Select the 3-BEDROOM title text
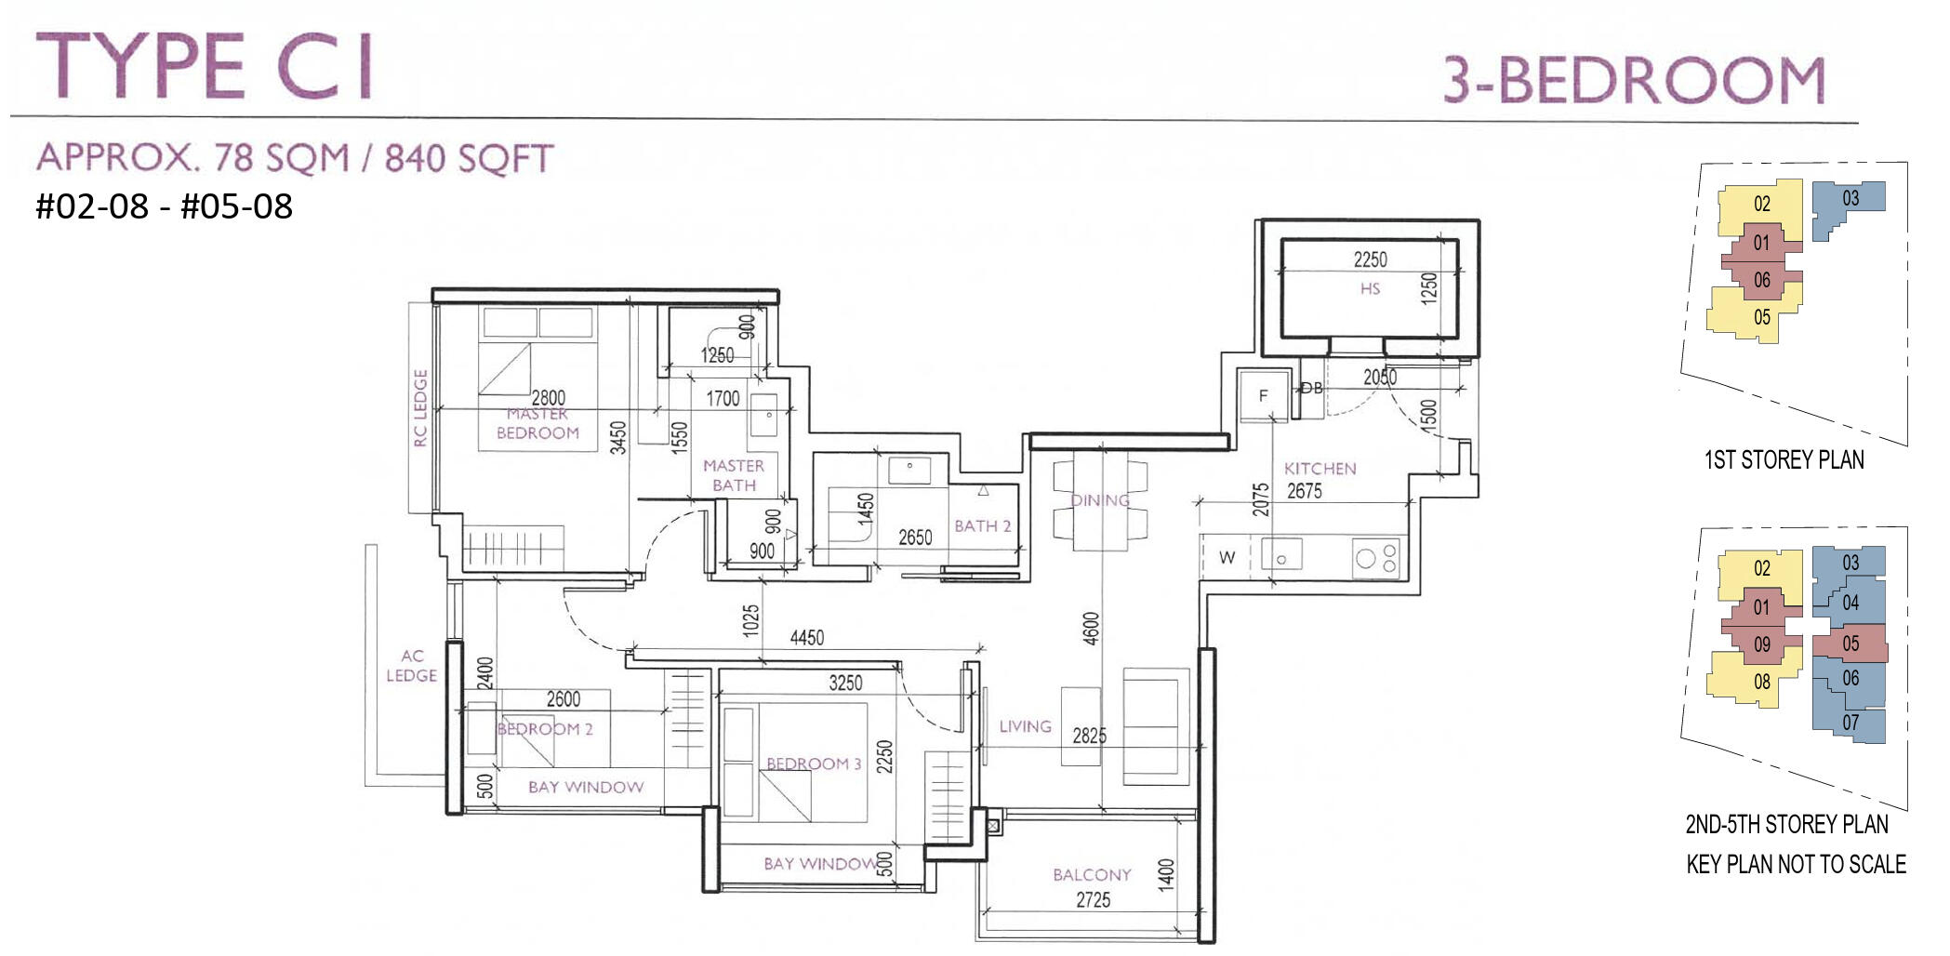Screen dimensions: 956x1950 tap(1634, 80)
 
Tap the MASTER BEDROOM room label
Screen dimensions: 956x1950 tap(537, 424)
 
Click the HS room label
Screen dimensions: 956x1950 tap(1370, 289)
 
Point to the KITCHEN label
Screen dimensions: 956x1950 tap(1320, 469)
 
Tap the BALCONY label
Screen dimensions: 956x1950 tap(1092, 875)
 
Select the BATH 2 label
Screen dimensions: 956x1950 tap(982, 526)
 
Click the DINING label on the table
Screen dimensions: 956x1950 tap(1100, 500)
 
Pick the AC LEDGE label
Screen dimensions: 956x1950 tap(411, 666)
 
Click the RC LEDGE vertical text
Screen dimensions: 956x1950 tap(420, 408)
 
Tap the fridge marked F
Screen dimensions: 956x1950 tap(1263, 396)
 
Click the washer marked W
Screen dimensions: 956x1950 tap(1227, 558)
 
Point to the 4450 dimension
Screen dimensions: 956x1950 tap(806, 638)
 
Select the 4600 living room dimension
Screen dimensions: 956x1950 tap(1092, 629)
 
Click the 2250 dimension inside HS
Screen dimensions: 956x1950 tap(1370, 259)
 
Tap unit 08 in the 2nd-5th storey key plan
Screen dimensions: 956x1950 tap(1761, 682)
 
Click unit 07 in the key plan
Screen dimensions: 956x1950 tap(1851, 723)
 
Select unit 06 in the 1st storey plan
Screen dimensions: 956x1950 tap(1761, 280)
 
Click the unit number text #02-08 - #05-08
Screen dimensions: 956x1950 tap(165, 206)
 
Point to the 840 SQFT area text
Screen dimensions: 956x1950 tap(470, 159)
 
